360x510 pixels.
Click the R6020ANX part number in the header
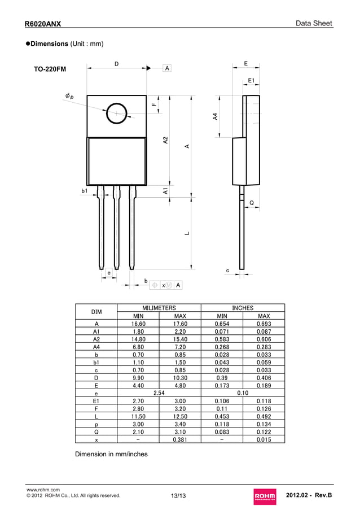(43, 24)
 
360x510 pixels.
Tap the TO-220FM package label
(50, 69)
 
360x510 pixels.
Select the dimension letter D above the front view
(116, 64)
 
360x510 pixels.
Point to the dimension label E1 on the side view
(251, 81)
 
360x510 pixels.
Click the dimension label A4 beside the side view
(215, 117)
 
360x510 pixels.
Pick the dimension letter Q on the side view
(251, 202)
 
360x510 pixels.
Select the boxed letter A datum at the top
(167, 68)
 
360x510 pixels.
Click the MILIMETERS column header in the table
(159, 308)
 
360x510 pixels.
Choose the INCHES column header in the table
(243, 308)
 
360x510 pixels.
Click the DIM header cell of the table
(96, 312)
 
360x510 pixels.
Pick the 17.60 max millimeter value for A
(180, 324)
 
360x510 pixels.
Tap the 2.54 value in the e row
(159, 392)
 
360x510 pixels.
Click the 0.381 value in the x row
(180, 439)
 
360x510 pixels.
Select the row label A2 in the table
(96, 339)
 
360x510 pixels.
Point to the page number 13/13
(178, 496)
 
